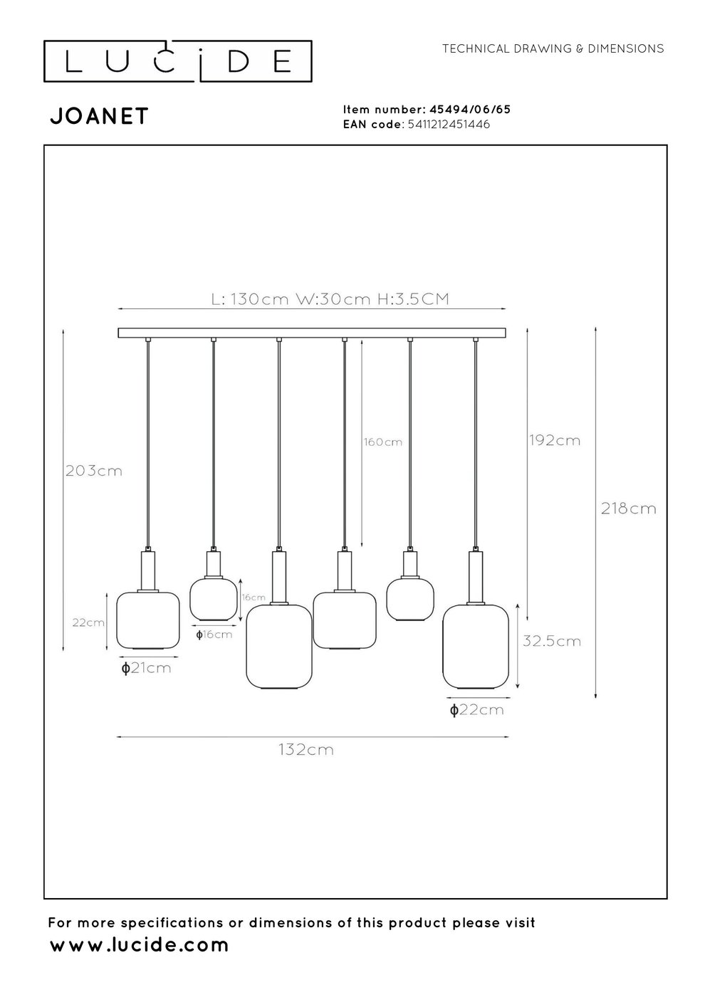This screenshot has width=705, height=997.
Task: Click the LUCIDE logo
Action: [x=178, y=62]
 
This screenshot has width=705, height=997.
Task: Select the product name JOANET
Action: [x=99, y=117]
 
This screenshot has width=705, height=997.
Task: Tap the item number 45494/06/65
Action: [x=469, y=110]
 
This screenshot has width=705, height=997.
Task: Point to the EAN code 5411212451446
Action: [x=447, y=125]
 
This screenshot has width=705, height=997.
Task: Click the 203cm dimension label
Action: [x=93, y=471]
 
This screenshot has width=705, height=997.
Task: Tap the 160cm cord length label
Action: [x=383, y=442]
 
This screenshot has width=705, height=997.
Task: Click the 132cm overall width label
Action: [x=306, y=750]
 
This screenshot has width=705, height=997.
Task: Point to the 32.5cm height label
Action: [x=552, y=641]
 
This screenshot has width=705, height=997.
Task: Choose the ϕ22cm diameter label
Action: [x=476, y=710]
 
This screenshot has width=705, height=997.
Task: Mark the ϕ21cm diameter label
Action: [x=146, y=668]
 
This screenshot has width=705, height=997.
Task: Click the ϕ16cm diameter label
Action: [x=214, y=635]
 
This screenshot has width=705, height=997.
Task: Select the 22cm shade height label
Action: [x=89, y=622]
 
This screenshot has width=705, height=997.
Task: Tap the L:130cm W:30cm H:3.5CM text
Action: [x=330, y=299]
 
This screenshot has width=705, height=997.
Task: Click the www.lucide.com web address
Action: [x=140, y=946]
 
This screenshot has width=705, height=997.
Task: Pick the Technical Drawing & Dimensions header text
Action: [x=553, y=49]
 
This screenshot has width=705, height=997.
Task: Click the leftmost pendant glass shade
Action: [x=148, y=620]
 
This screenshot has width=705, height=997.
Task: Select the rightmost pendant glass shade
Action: [x=476, y=646]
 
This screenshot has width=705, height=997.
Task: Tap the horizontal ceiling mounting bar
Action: [x=312, y=333]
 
